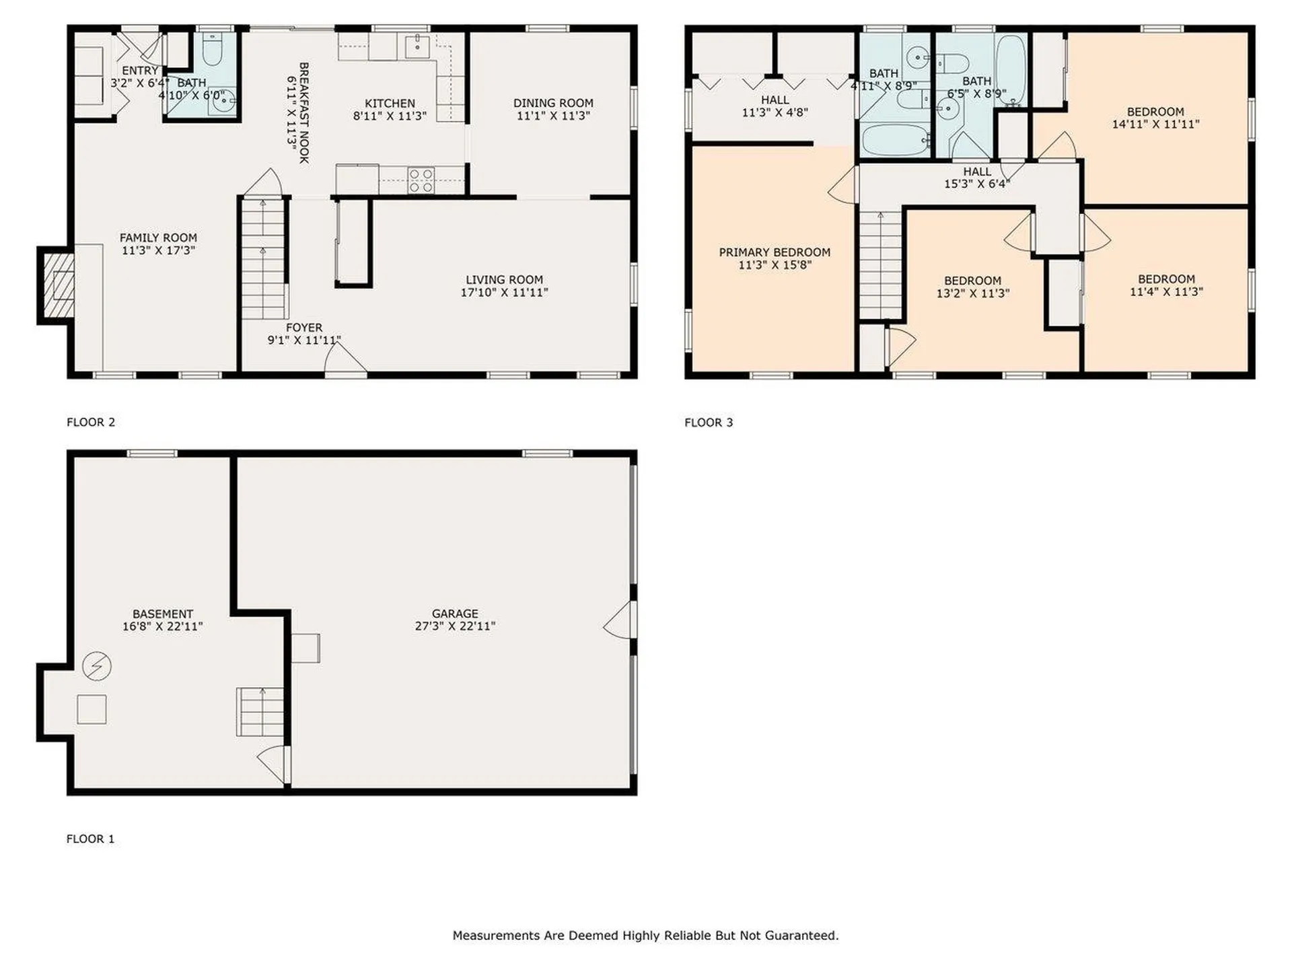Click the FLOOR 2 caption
coord(91,423)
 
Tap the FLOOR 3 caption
coord(709,423)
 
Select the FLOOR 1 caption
coord(90,839)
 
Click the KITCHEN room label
coord(390,104)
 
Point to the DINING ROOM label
coord(553,103)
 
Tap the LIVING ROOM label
coord(504,280)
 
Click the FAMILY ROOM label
coord(158,238)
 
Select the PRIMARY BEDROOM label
coord(775,252)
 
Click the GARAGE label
coord(455,614)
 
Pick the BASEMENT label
coord(163,614)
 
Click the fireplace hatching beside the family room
coord(59,285)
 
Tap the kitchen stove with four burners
coord(421,180)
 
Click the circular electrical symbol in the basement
coord(97,666)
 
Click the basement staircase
coord(260,712)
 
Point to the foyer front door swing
coord(345,357)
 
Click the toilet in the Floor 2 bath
coord(212,48)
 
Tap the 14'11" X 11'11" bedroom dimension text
coord(1155,124)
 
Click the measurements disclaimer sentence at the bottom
coord(645,935)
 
